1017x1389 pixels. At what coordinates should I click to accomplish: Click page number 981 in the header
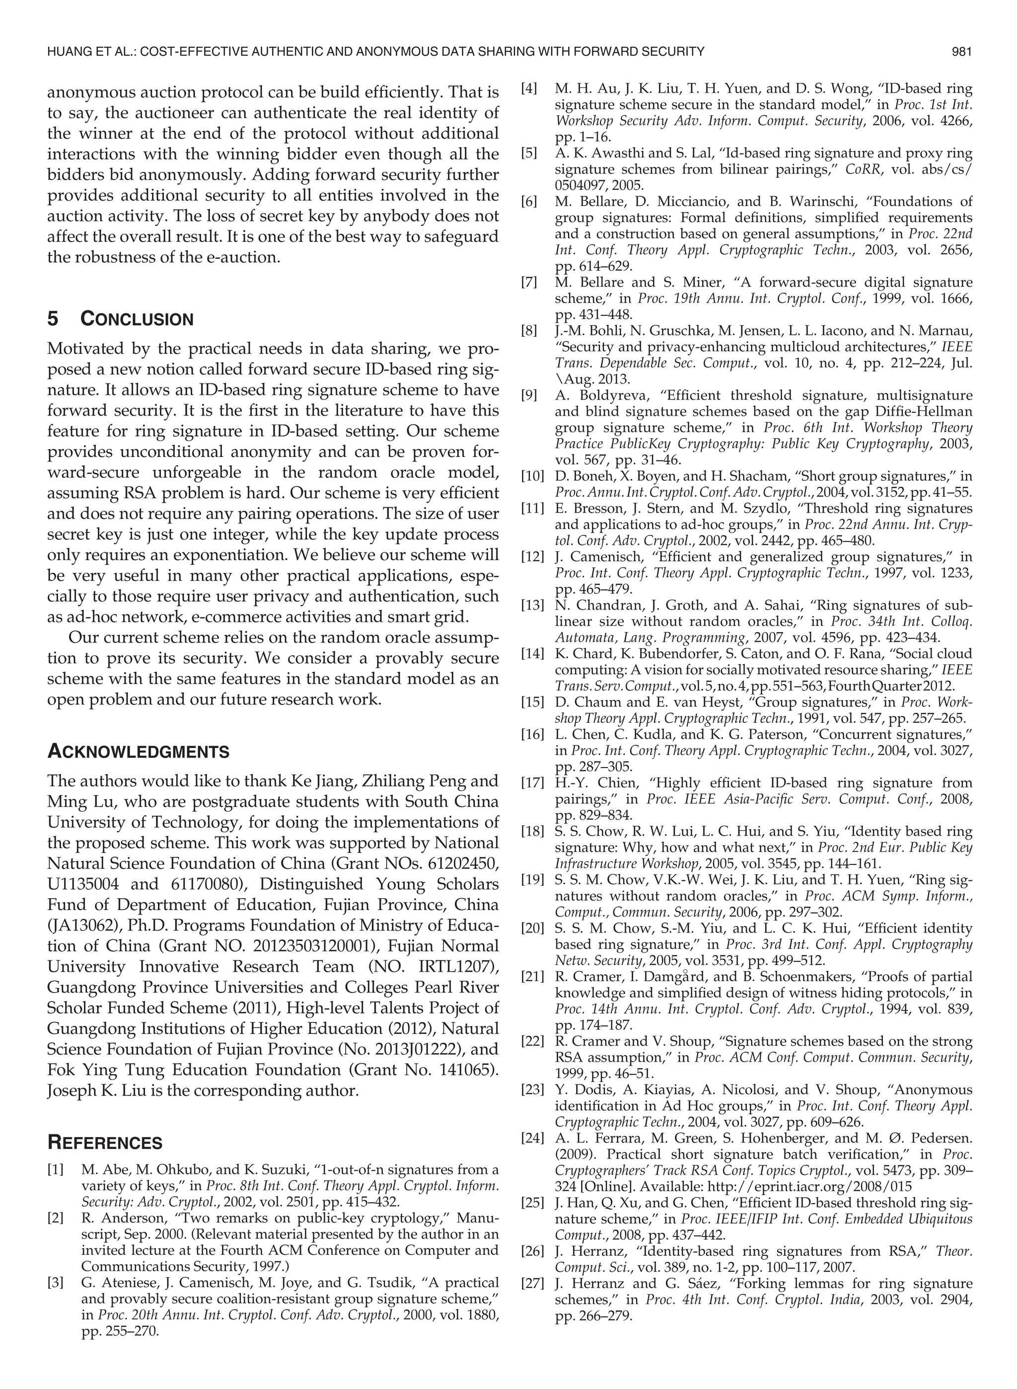(961, 52)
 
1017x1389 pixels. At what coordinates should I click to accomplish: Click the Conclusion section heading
(137, 319)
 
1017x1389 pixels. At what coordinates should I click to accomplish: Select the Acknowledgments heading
(138, 752)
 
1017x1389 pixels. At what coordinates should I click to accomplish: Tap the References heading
(105, 1143)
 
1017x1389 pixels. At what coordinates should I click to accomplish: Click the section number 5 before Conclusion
(53, 319)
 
